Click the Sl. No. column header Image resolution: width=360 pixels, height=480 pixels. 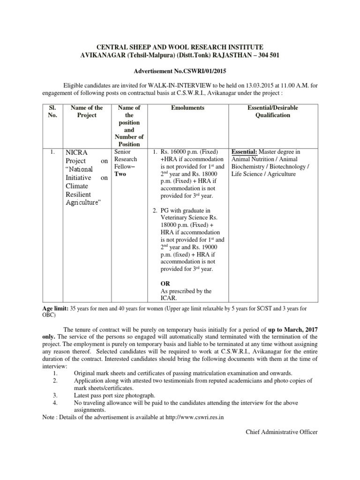(x=52, y=112)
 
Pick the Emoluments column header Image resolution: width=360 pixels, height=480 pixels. (x=188, y=108)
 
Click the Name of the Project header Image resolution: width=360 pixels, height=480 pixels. (x=87, y=112)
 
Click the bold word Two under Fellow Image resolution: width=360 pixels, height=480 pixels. (x=120, y=174)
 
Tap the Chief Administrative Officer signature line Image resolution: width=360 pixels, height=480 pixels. (x=282, y=432)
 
